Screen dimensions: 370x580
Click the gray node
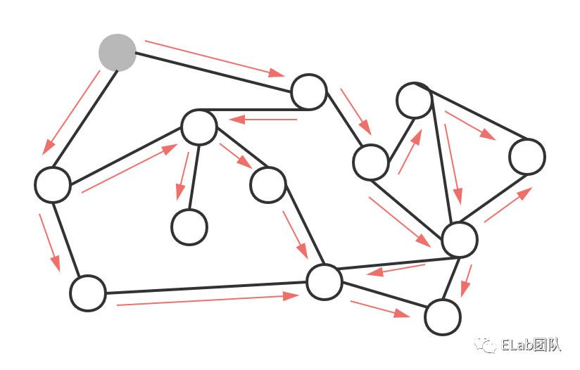[117, 53]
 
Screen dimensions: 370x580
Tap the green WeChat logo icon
[485, 343]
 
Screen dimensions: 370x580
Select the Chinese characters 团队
[547, 345]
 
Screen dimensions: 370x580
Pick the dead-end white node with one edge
[189, 227]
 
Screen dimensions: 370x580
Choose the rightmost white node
[527, 156]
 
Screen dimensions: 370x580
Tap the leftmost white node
[53, 184]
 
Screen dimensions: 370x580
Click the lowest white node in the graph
[443, 317]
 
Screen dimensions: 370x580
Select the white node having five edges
[460, 239]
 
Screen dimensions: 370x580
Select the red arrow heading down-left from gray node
[71, 113]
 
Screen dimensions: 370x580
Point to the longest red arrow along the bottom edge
[208, 300]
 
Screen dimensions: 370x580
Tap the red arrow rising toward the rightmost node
[507, 205]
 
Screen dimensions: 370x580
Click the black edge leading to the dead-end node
[194, 176]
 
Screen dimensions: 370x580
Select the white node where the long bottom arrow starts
[88, 293]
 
